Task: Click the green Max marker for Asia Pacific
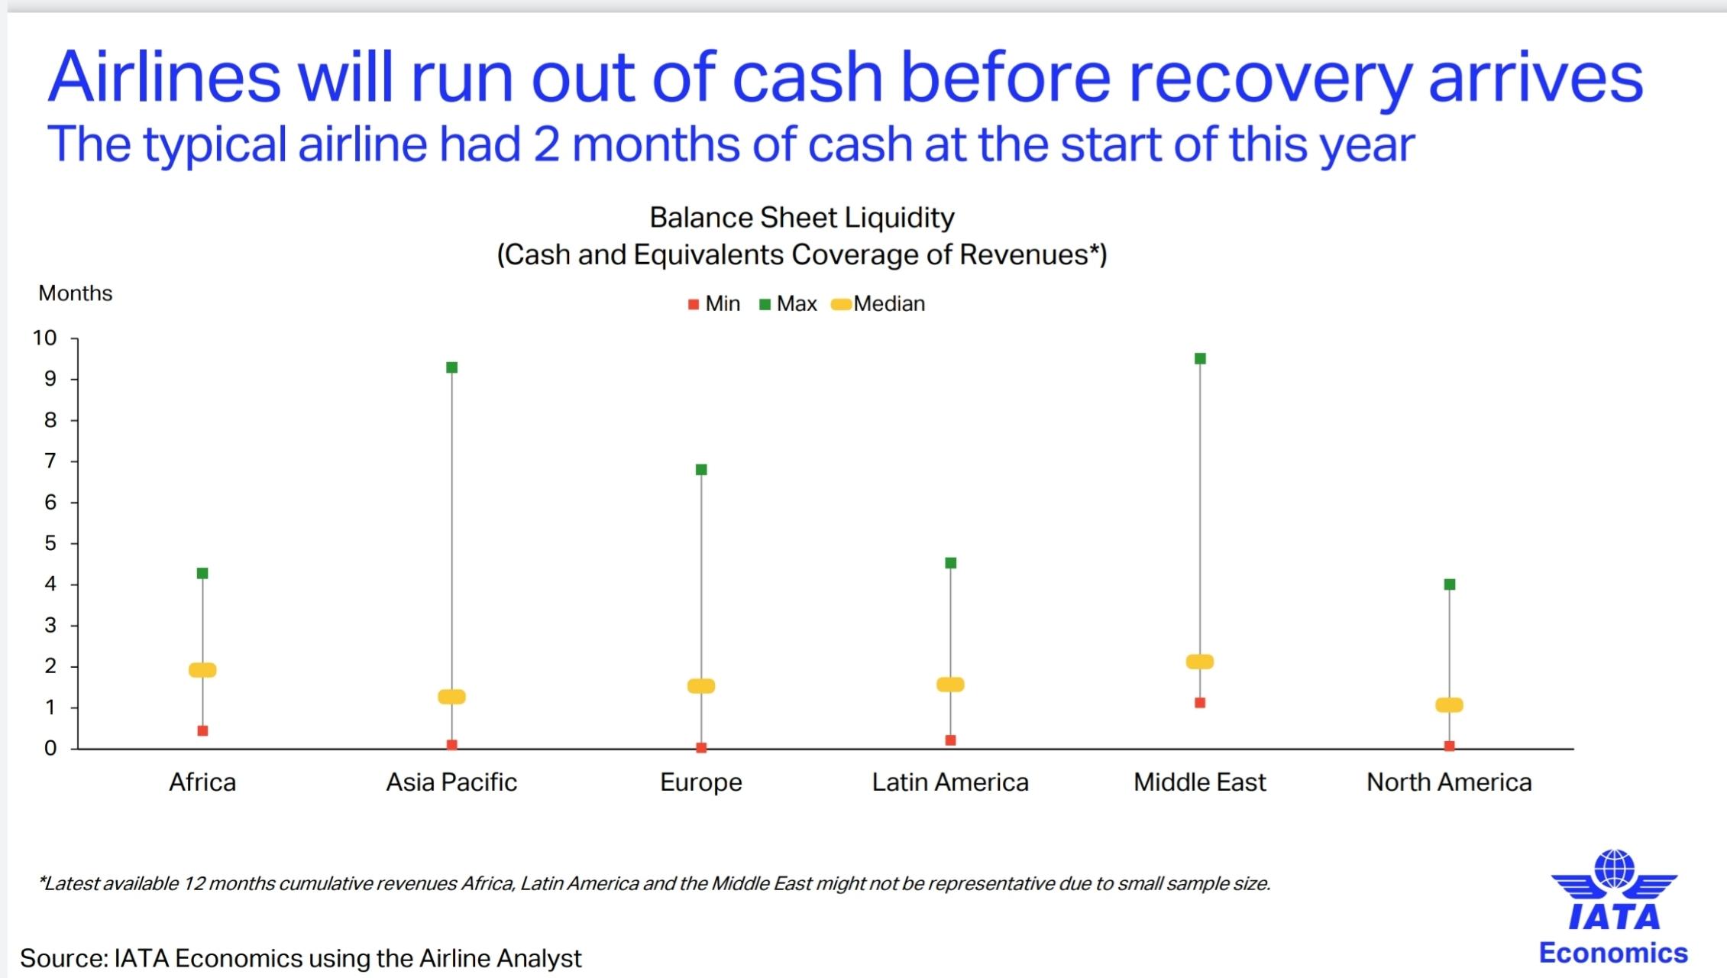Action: (x=451, y=368)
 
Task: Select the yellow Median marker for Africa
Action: (x=202, y=670)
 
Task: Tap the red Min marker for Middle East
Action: (x=1200, y=703)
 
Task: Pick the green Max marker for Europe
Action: (x=701, y=470)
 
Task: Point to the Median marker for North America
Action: (x=1449, y=705)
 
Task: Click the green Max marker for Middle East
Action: (x=1200, y=359)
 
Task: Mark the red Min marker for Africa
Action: (x=202, y=731)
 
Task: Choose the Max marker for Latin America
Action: (x=951, y=563)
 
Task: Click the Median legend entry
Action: (x=878, y=304)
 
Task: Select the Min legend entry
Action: (x=714, y=304)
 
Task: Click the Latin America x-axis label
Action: (x=950, y=782)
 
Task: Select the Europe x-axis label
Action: (x=701, y=783)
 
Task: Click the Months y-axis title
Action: (x=76, y=293)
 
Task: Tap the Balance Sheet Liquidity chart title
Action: (x=802, y=218)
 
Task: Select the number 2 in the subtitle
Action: (x=546, y=144)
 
